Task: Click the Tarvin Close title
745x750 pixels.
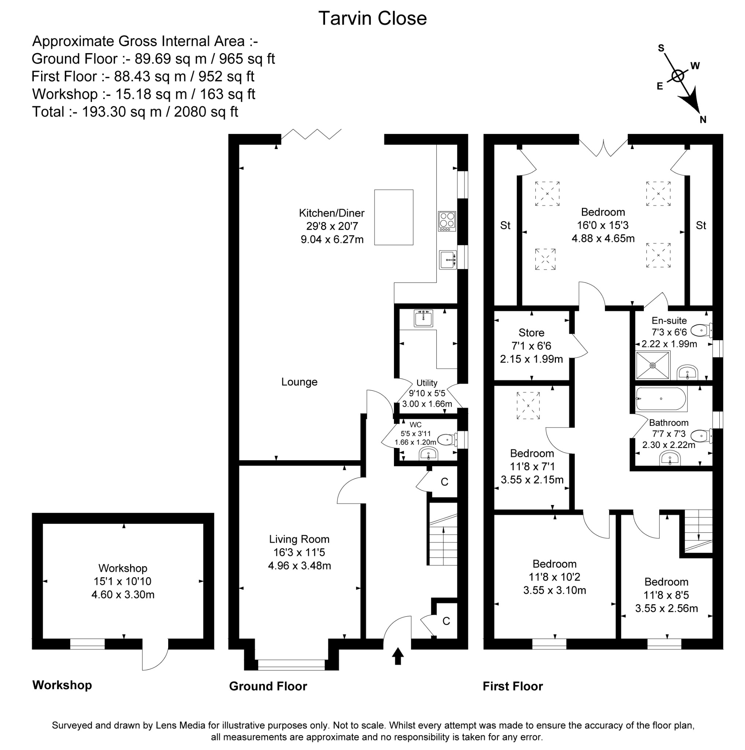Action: [372, 19]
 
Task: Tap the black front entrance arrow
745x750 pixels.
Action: [398, 656]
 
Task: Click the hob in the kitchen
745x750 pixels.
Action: [447, 221]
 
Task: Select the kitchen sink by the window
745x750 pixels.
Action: [448, 259]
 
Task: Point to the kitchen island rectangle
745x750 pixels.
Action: [394, 217]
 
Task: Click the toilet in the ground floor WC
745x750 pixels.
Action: [446, 440]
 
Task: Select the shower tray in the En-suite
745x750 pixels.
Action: [653, 365]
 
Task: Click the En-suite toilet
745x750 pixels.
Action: [701, 331]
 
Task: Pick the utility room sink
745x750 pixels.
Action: [423, 319]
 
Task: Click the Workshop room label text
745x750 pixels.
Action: [123, 568]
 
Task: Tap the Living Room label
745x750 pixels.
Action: [299, 539]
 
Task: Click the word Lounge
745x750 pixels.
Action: [299, 382]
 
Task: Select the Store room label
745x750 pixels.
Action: [531, 333]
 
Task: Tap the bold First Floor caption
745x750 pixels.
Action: [512, 686]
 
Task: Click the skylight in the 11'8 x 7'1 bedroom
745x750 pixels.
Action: [528, 406]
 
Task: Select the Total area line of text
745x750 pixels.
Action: [135, 112]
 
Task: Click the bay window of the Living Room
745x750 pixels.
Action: [291, 665]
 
